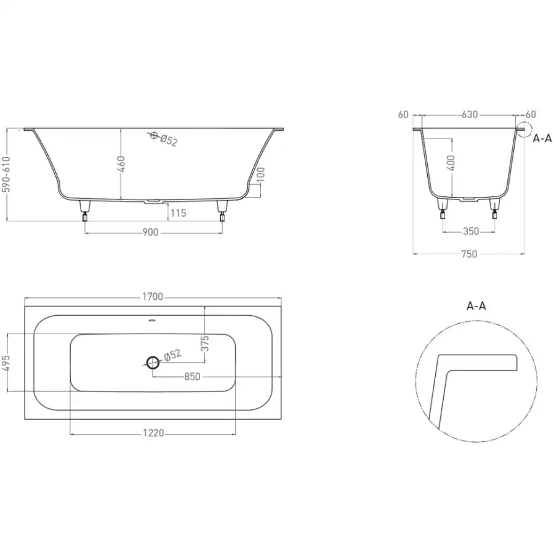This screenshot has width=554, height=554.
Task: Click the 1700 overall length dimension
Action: click(x=153, y=296)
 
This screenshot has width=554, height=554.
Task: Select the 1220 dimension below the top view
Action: click(x=153, y=433)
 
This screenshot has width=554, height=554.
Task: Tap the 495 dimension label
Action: click(x=6, y=363)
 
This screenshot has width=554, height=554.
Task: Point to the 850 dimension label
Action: click(x=192, y=377)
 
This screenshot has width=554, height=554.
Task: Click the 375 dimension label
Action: click(x=205, y=343)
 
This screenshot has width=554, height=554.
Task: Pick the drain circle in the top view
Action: click(x=153, y=362)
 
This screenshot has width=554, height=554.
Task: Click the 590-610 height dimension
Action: click(x=6, y=175)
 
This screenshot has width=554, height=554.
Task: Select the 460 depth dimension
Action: click(x=121, y=164)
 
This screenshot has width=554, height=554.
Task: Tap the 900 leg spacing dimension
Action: click(x=150, y=233)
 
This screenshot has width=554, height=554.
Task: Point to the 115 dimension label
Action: click(x=178, y=213)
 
